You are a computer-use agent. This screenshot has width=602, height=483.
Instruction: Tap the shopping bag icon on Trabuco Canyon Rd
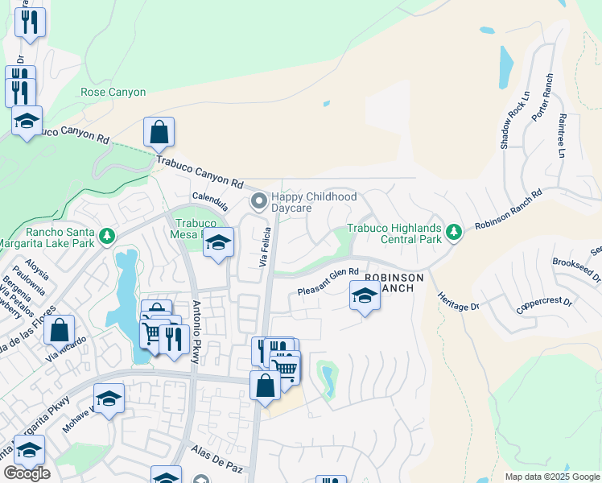tap(159, 133)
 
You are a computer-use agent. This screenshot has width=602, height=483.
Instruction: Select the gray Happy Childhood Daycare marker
tap(258, 201)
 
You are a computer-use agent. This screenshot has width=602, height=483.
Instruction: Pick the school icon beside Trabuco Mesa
tap(218, 243)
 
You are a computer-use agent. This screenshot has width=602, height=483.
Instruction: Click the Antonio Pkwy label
tap(196, 332)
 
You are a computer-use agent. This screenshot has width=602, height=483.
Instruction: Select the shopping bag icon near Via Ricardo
tap(59, 330)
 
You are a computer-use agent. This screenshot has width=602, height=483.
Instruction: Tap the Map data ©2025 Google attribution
tap(551, 477)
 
